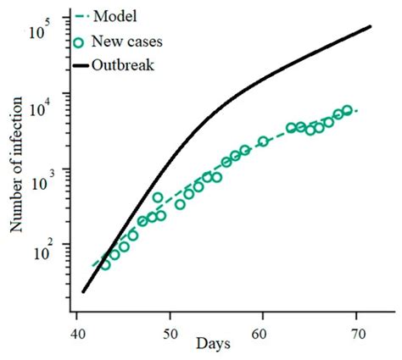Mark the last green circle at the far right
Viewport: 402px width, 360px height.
[x=347, y=110]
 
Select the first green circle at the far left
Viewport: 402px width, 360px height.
[x=105, y=264]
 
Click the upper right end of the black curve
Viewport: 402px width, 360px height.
[x=371, y=27]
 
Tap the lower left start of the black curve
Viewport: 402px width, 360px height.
[x=82, y=291]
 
